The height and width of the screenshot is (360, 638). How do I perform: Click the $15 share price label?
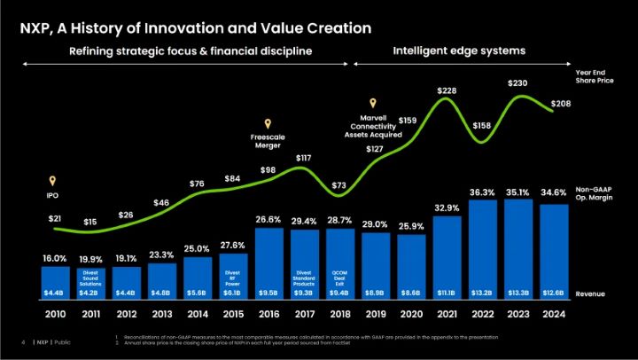pyautogui.click(x=89, y=221)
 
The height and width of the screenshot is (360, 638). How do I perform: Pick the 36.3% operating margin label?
pyautogui.click(x=481, y=192)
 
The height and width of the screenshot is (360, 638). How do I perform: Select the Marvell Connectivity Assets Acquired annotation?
pyautogui.click(x=373, y=126)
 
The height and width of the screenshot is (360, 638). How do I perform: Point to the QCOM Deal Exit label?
pyautogui.click(x=338, y=276)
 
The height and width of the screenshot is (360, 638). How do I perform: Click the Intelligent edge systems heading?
pyautogui.click(x=459, y=51)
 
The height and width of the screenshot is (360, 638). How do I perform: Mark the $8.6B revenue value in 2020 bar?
pyautogui.click(x=410, y=292)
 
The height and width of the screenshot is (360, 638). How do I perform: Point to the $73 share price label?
pyautogui.click(x=338, y=186)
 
